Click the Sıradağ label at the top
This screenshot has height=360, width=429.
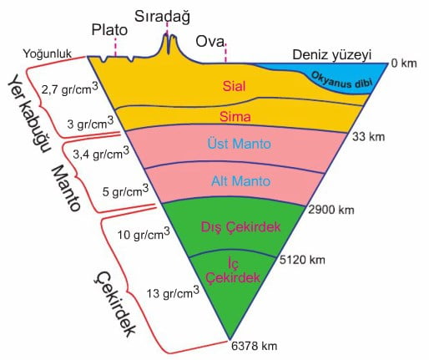click(x=163, y=17)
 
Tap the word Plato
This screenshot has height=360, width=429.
click(x=109, y=30)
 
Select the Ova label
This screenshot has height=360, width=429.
click(x=210, y=42)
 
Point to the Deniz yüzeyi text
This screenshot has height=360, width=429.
click(x=332, y=55)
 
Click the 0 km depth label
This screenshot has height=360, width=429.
click(x=404, y=63)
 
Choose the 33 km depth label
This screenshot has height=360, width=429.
click(x=368, y=137)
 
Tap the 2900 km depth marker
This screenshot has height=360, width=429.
click(x=331, y=210)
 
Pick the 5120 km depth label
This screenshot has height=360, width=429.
click(x=302, y=260)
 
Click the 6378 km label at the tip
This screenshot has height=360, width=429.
click(x=255, y=346)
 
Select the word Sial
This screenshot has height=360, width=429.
click(x=234, y=86)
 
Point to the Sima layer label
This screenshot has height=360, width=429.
click(x=235, y=116)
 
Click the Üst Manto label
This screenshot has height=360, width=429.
click(x=240, y=144)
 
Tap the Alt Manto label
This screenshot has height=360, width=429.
click(x=241, y=181)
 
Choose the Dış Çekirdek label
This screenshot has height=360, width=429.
click(x=240, y=227)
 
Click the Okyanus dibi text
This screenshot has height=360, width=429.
click(x=341, y=80)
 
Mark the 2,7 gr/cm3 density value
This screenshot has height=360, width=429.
click(x=69, y=89)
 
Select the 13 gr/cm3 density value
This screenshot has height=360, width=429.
click(x=173, y=292)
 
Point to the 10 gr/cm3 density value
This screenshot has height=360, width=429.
click(x=144, y=234)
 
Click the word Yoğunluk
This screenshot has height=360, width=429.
click(x=48, y=53)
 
